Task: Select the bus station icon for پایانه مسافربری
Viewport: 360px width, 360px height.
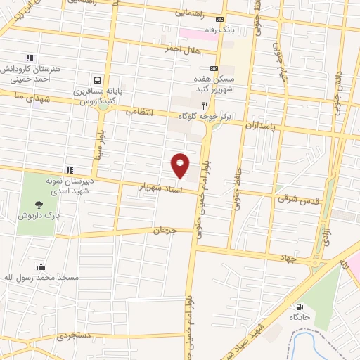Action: click(x=97, y=80)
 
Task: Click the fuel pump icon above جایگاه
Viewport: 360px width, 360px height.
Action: click(x=300, y=307)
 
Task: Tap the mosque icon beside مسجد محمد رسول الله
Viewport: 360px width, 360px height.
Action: click(x=41, y=266)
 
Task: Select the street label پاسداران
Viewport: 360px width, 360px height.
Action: click(x=262, y=124)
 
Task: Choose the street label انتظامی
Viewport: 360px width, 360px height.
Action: click(x=139, y=110)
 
